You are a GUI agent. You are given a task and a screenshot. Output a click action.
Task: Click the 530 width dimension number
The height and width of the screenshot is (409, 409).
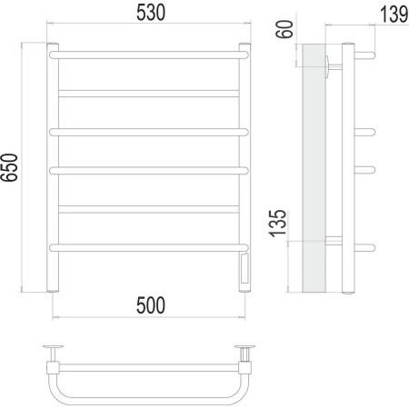click(151, 13)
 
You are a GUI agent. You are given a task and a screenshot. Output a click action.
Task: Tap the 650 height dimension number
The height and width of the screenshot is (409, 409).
click(9, 167)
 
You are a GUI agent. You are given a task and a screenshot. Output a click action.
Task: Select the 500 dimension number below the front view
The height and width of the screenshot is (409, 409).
click(151, 305)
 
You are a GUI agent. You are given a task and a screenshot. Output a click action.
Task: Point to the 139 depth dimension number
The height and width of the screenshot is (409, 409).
click(394, 14)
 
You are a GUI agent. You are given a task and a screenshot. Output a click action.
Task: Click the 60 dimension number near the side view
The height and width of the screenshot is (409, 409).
click(284, 29)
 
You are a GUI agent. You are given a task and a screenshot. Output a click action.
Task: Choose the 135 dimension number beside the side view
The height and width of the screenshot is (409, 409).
click(277, 224)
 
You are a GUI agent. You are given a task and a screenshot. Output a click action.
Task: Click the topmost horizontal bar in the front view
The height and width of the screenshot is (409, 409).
click(149, 55)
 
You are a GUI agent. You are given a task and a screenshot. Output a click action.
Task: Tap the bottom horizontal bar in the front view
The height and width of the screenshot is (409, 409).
click(149, 248)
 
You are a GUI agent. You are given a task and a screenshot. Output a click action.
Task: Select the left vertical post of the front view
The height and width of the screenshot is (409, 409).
click(53, 167)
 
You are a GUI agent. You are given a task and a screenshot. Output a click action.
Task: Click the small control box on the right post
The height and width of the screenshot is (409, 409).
click(244, 268)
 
